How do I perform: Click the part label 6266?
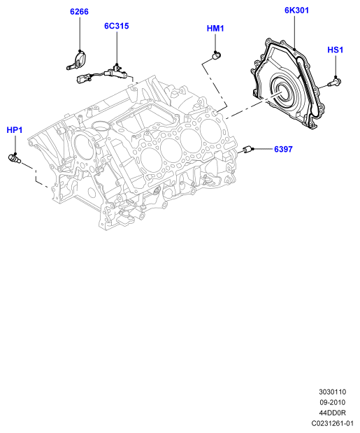point(79,12)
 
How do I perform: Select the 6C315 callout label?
point(117,26)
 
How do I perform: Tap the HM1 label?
point(215,29)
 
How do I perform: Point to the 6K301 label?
point(296,10)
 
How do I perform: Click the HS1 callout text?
point(336,50)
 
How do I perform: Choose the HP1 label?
point(15,130)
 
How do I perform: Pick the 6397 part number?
point(283,149)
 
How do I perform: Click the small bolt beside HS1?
point(334,82)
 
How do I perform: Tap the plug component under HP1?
point(14,158)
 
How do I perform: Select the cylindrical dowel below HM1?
point(216,55)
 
